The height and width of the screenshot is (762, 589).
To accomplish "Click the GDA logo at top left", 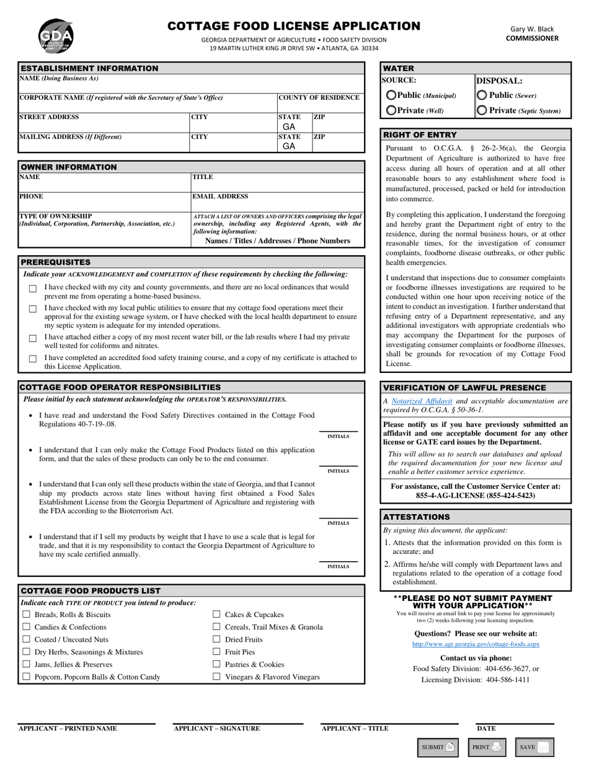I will pos(56,36).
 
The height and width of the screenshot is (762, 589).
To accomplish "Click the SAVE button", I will pos(534,747).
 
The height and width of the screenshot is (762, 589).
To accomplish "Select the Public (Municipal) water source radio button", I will pos(392,95).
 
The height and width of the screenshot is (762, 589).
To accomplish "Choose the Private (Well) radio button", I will pos(392,110).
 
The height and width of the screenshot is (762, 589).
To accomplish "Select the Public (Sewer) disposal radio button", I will pos(482,95).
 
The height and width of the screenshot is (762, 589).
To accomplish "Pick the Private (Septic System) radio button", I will pos(482,110).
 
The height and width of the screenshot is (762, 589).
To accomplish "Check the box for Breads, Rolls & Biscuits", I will pos(26,615).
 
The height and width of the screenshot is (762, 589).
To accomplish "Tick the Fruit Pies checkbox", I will pos(217,652).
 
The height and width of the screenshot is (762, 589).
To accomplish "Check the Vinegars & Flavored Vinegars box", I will pos(217,677).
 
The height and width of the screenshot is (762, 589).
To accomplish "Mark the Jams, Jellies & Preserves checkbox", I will pos(26,664).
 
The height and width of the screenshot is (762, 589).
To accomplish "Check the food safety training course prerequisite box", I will pos(33,359).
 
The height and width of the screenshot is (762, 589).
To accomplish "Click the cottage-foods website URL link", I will pos(476,644).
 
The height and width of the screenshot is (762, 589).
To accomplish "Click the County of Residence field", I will pos(320,107).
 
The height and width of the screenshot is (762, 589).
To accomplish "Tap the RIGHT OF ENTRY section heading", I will pos(420,134).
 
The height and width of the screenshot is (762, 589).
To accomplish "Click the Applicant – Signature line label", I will pos(217,729).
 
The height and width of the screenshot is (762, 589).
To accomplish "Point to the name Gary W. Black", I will pos(532,28).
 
